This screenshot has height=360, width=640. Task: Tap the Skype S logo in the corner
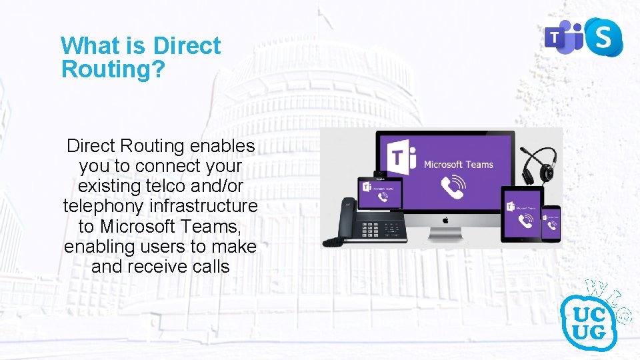(x=603, y=37)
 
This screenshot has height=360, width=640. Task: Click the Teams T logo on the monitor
(x=403, y=159)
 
